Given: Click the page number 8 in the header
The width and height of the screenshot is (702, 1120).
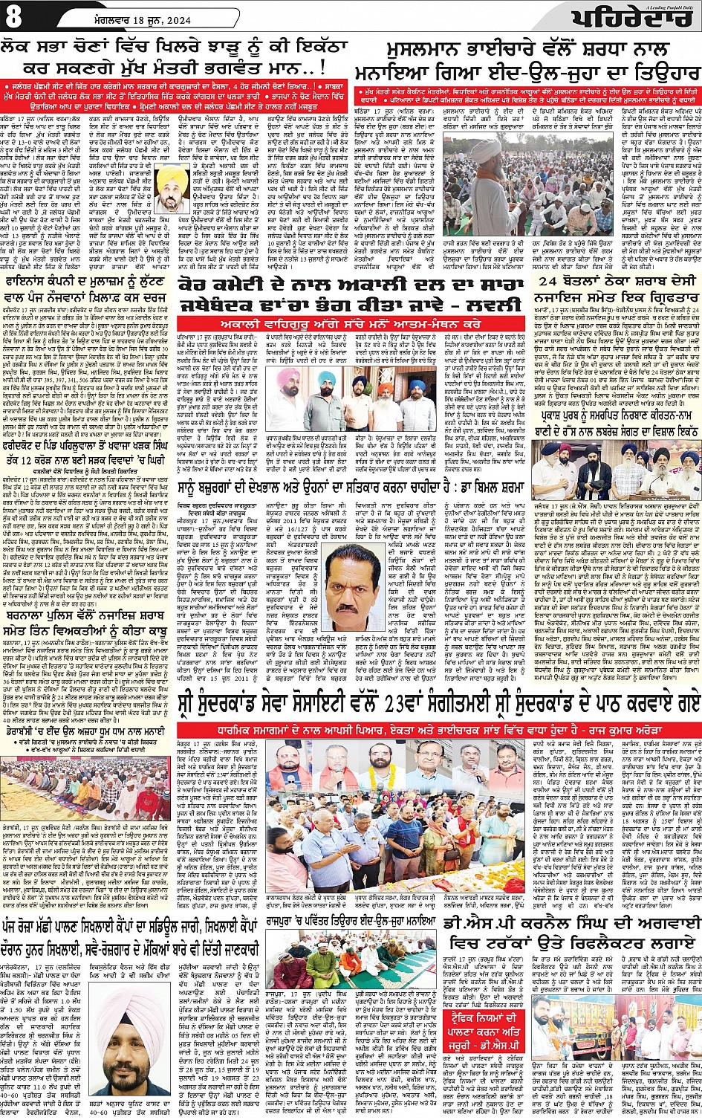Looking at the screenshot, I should click(x=14, y=16).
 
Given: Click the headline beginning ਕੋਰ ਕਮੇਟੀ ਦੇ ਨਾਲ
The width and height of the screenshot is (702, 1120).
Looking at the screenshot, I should click(x=349, y=294).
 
